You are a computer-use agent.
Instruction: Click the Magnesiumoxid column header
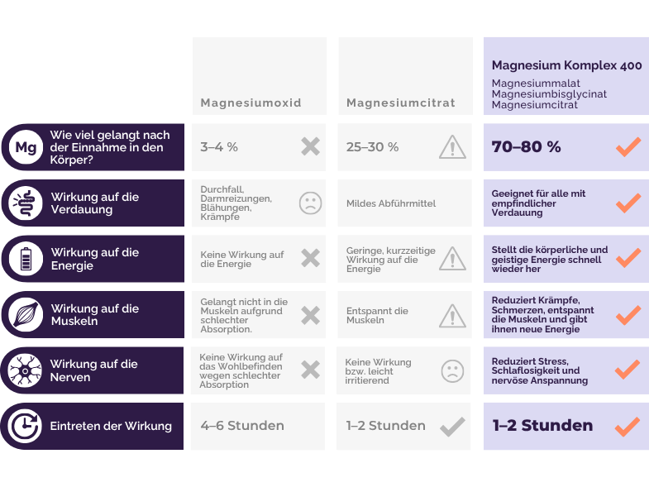(251, 103)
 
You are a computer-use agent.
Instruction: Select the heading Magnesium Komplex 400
(566, 65)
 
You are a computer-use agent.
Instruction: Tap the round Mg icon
(26, 147)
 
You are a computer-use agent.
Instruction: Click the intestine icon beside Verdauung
(26, 203)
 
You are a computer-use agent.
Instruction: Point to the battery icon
(26, 259)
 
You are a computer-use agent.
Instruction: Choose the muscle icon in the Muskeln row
(26, 315)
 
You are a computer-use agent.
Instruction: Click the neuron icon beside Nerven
(26, 370)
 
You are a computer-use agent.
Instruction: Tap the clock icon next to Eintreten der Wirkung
(26, 426)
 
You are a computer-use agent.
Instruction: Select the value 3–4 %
(219, 147)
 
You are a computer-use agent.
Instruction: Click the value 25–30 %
(373, 147)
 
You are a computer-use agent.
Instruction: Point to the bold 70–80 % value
(526, 146)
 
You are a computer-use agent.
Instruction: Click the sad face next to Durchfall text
(310, 203)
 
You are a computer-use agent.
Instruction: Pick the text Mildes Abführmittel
(391, 203)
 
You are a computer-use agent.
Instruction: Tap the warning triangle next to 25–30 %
(452, 147)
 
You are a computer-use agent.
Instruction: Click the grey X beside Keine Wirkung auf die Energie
(310, 259)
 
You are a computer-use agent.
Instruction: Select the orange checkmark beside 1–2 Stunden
(628, 427)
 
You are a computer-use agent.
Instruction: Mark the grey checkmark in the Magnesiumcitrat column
(452, 427)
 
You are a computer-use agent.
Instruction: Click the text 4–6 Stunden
(242, 425)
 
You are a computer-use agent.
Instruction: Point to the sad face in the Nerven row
(452, 371)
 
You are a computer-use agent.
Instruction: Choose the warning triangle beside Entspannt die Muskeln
(452, 316)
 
